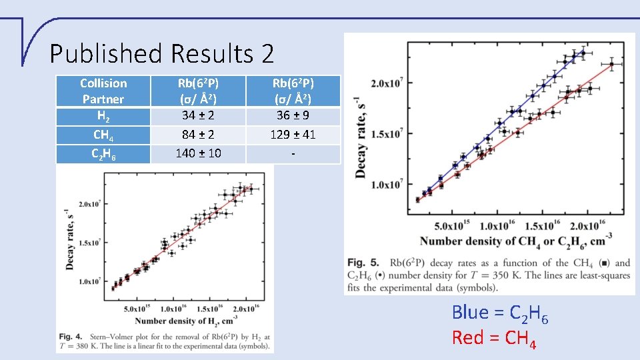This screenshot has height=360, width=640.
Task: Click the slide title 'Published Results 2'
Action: tap(161, 53)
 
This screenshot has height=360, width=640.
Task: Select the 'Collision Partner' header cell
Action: tap(103, 91)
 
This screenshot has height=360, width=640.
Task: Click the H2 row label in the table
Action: tap(103, 116)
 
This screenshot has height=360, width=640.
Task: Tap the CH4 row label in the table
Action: tap(103, 135)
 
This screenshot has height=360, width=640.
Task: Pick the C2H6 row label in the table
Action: tap(103, 154)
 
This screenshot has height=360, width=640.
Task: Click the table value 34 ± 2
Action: tap(198, 115)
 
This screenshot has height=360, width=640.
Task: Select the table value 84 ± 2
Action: tap(198, 135)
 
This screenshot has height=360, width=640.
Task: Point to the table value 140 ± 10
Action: tap(198, 153)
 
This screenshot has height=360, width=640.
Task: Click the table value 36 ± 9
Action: tap(293, 115)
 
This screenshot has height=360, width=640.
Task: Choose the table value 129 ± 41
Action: tap(293, 135)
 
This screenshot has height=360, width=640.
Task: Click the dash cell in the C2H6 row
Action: tap(293, 153)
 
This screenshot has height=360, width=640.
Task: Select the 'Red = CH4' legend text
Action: tap(494, 338)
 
